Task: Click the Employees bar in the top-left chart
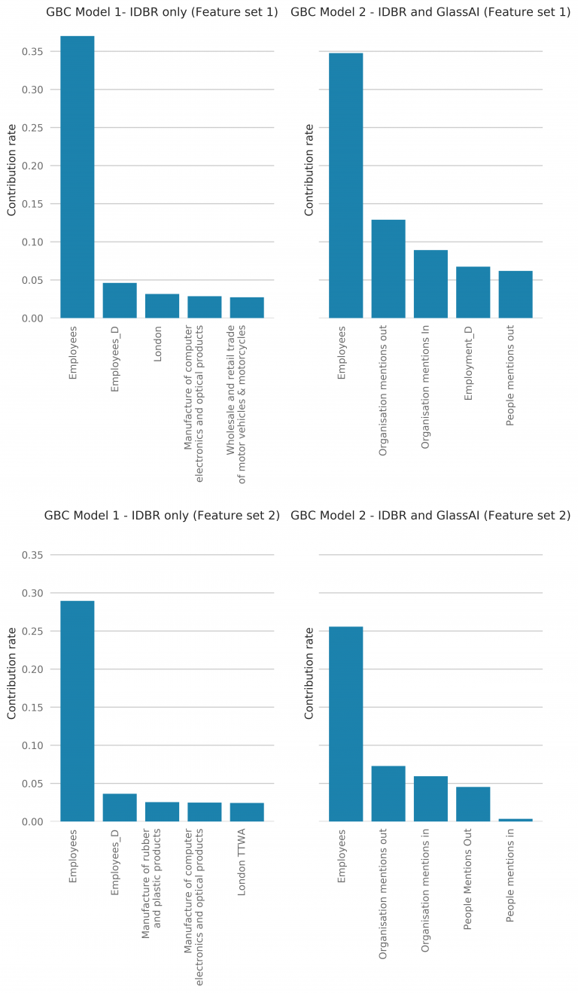pos(77,177)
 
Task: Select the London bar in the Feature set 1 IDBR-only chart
pos(162,306)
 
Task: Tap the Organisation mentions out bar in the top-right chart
pos(388,269)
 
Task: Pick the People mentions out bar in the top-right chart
pos(515,294)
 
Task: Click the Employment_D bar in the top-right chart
pos(473,292)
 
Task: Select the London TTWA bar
pos(246,812)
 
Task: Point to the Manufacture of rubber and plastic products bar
pos(162,812)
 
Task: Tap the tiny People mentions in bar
pos(515,820)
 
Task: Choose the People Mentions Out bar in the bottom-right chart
pos(473,804)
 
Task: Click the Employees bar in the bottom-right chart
pos(345,723)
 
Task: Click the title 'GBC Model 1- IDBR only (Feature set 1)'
pos(162,12)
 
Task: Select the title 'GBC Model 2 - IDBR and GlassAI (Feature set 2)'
pos(430,516)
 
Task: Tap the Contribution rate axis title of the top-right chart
pos(309,170)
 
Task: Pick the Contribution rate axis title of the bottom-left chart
pos(12,673)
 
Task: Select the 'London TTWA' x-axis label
pos(242,864)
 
